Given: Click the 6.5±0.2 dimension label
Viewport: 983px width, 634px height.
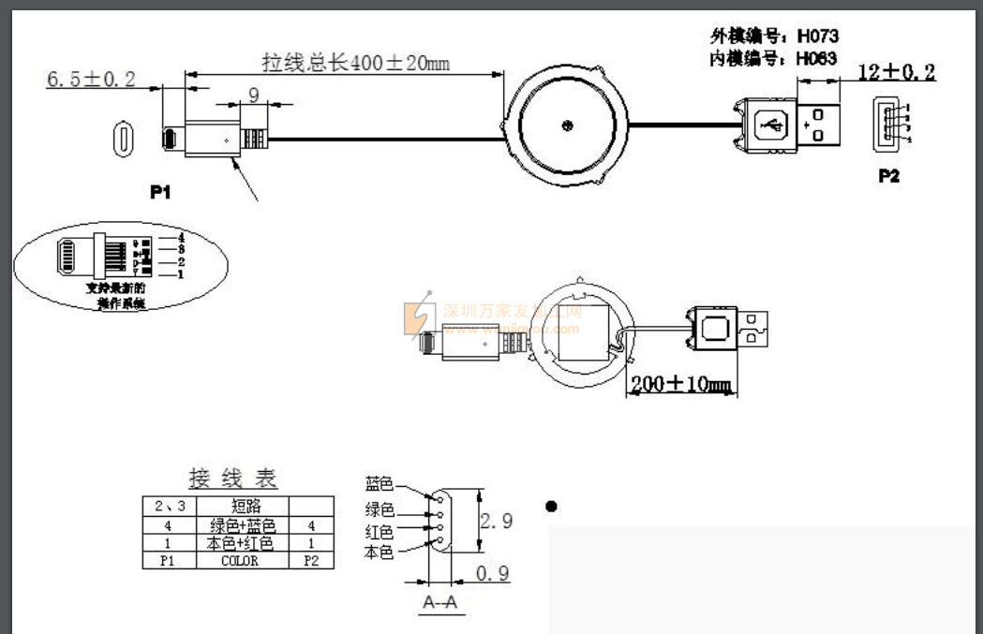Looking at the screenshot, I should coord(91,78).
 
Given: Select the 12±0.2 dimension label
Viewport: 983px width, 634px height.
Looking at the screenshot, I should coord(897,72).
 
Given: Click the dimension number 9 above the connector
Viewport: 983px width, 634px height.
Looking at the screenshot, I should coord(253,94).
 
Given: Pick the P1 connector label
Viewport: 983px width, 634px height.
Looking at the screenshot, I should coord(161,192).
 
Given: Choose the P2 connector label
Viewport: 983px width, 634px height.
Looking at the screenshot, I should coord(888,175).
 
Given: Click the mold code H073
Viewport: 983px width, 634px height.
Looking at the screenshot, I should coord(817,37).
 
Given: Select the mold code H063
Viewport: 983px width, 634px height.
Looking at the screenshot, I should coord(817,58).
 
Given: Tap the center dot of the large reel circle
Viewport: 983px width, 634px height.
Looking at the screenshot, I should coord(566,124).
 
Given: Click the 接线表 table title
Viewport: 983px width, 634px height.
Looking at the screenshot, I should coord(233,479).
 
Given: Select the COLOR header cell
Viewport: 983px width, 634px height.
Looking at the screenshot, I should coord(240,561).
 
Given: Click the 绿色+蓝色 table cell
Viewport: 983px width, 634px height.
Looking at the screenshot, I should coord(240,525).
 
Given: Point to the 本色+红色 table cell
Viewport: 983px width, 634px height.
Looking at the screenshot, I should coord(240,543).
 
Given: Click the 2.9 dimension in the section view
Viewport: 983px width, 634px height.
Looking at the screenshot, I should coord(496,522).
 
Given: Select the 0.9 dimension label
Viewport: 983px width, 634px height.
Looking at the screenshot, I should coord(492,572).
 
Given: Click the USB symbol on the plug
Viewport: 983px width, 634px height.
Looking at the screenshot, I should coord(771,124).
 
